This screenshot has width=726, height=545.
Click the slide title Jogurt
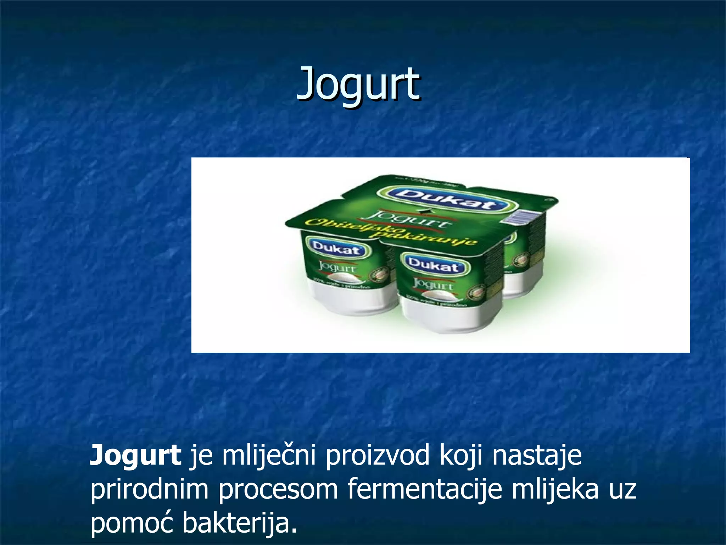point(358,84)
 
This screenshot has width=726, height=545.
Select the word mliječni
point(269,456)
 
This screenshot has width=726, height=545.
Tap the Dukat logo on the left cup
point(336,248)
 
